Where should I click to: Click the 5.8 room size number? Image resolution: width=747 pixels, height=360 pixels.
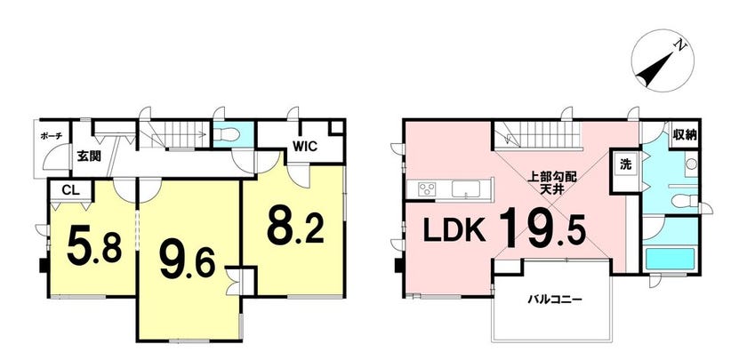click(x=94, y=245)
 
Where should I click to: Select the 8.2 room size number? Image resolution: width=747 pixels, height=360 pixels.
click(x=295, y=225)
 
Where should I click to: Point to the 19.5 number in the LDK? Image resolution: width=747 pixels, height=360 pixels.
click(x=542, y=228)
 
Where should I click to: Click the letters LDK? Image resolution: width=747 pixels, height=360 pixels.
click(x=454, y=232)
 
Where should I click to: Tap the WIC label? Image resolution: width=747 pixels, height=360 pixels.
click(x=305, y=147)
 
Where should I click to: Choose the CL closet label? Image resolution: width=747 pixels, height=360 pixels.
click(x=70, y=190)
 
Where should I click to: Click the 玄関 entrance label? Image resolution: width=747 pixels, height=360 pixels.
click(x=89, y=156)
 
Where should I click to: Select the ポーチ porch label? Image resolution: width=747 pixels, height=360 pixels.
click(x=51, y=136)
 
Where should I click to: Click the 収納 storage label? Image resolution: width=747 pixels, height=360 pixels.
click(x=684, y=135)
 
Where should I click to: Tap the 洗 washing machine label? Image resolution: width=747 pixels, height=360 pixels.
click(x=624, y=164)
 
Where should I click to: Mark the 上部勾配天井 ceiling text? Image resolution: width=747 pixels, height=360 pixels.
click(x=551, y=184)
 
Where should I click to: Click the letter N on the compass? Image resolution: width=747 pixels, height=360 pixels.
click(x=681, y=46)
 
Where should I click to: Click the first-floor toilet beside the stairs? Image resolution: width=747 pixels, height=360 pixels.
click(x=226, y=135)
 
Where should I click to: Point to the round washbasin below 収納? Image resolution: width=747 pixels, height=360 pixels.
click(x=691, y=164)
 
